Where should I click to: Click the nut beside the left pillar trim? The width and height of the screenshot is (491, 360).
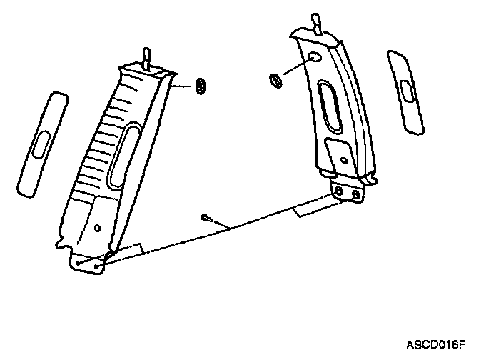tap(201, 86)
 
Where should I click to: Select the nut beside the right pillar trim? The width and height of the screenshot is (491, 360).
tap(275, 80)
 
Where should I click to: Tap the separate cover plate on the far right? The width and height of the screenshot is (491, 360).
tap(405, 91)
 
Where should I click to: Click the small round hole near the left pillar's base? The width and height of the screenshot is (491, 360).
tap(97, 228)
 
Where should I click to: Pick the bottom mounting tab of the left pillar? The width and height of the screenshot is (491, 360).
tap(88, 264)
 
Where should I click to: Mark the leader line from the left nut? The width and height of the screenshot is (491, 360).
tap(185, 84)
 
